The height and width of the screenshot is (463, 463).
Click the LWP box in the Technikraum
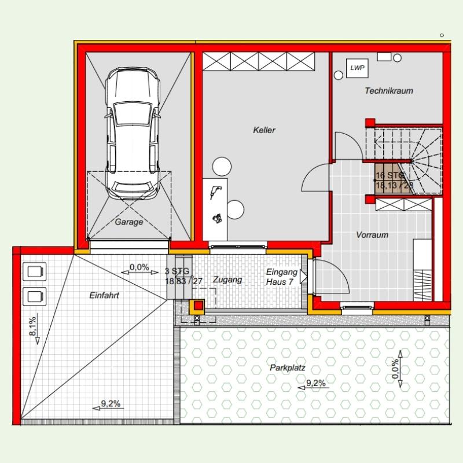357,68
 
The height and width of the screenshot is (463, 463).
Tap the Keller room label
264,130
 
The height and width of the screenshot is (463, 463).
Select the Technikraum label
389,91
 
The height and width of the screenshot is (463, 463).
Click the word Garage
128,222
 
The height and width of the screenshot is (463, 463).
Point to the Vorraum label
372,235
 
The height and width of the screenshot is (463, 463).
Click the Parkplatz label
287,368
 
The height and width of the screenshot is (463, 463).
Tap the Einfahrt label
104,295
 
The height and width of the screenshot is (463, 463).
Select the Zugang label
227,280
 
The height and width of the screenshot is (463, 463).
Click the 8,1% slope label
32,326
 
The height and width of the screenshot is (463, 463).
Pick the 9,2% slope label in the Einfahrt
111,403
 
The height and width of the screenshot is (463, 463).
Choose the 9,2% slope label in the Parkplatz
315,383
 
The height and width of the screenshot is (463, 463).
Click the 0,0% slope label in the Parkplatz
395,369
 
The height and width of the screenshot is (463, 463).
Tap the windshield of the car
133,113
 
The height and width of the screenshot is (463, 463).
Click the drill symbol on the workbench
215,192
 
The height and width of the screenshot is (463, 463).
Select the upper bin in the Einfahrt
35,271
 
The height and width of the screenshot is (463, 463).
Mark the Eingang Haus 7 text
281,277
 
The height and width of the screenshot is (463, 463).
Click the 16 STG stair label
389,175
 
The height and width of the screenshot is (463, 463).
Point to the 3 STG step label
177,271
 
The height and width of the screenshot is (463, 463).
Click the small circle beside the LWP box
339,75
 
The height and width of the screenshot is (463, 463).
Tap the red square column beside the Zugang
199,306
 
